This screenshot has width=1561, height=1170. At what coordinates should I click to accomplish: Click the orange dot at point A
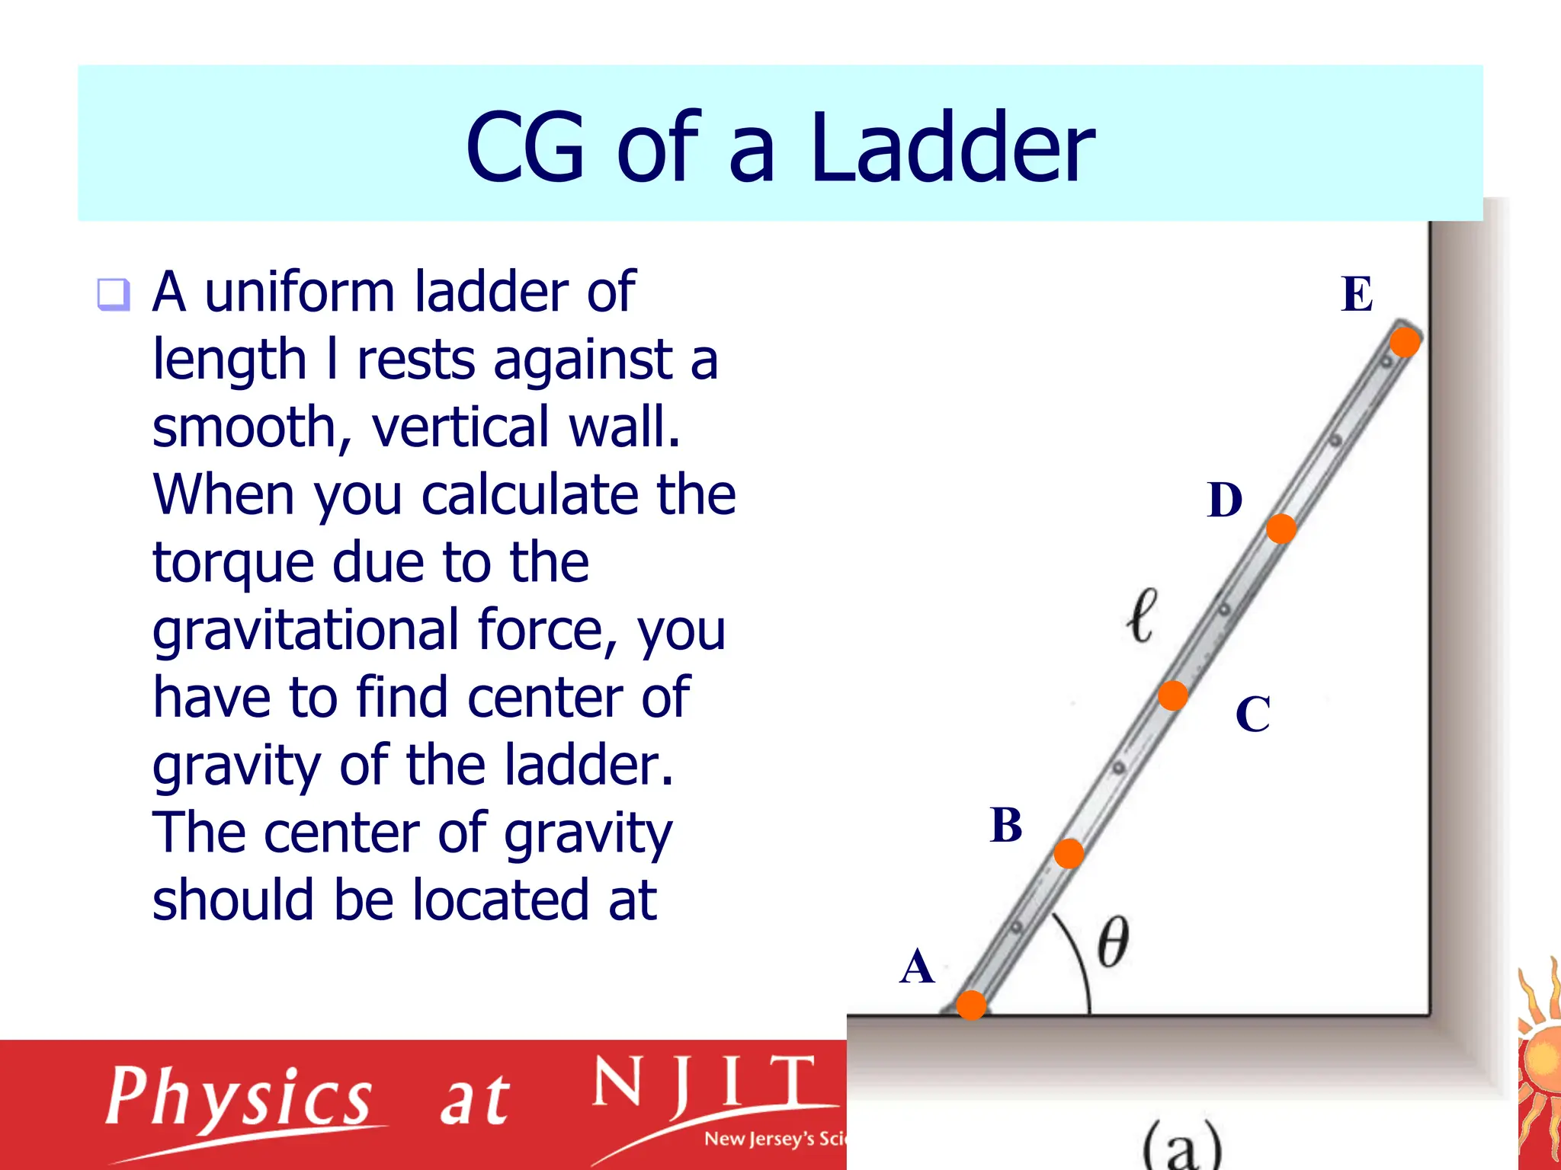click(x=971, y=1005)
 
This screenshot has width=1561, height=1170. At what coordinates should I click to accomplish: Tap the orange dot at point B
click(x=1069, y=854)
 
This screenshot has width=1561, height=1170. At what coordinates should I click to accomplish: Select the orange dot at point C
click(x=1172, y=695)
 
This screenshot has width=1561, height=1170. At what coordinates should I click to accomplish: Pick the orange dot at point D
click(x=1281, y=529)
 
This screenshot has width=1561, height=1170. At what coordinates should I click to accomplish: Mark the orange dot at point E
click(x=1404, y=342)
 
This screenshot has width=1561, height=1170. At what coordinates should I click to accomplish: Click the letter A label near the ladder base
click(x=917, y=967)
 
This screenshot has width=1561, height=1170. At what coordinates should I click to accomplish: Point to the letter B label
click(x=1006, y=825)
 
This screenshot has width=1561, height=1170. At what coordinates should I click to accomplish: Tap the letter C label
click(x=1253, y=714)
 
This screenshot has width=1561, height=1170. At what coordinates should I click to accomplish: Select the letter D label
click(x=1225, y=500)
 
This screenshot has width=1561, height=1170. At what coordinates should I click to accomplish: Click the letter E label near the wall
click(x=1357, y=294)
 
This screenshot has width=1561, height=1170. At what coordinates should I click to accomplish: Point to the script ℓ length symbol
click(x=1141, y=615)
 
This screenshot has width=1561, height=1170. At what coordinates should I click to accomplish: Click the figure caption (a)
click(x=1182, y=1146)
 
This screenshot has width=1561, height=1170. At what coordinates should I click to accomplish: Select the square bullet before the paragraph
click(x=114, y=294)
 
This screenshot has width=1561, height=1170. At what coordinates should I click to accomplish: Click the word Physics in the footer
click(x=239, y=1098)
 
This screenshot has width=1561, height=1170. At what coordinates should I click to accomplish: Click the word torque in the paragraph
click(x=233, y=563)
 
